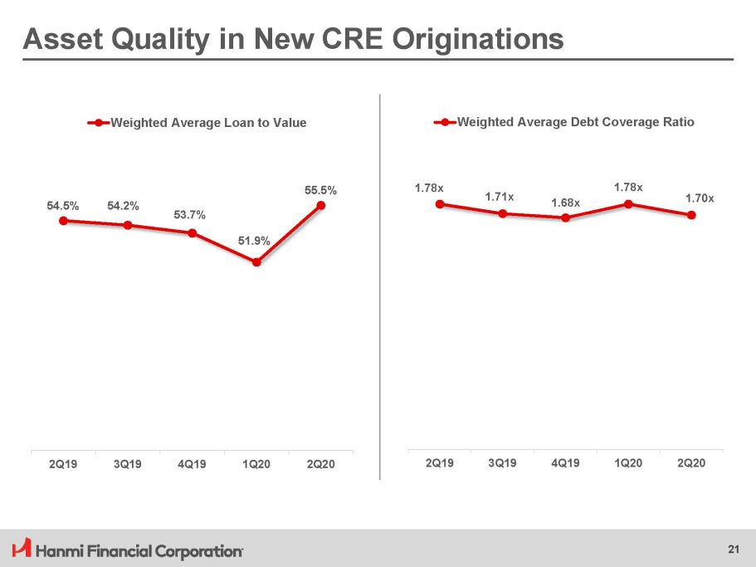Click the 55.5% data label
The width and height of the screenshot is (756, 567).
tap(319, 190)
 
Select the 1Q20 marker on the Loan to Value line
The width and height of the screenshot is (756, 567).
tap(256, 262)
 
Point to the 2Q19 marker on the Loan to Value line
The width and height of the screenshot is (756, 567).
tap(63, 220)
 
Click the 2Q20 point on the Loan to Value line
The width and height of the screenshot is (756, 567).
tap(321, 206)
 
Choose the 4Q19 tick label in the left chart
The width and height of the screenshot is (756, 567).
tap(192, 463)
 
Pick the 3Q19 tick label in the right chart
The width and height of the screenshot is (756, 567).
tap(502, 462)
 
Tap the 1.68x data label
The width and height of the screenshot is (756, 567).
tap(565, 203)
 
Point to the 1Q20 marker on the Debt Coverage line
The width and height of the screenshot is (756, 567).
tap(628, 203)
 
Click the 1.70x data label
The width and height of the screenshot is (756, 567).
tap(700, 198)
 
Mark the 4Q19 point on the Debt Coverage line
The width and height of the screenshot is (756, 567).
tap(565, 218)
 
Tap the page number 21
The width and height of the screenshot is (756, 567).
tap(733, 549)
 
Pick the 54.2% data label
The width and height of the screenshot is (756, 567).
tap(123, 206)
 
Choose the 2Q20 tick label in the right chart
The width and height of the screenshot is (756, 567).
tap(691, 462)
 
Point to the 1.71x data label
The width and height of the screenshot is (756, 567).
tap(500, 197)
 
